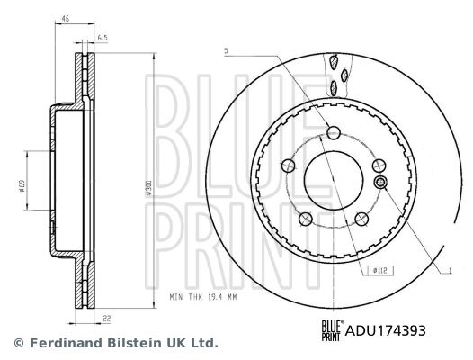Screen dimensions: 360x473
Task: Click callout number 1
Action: (450, 267)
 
